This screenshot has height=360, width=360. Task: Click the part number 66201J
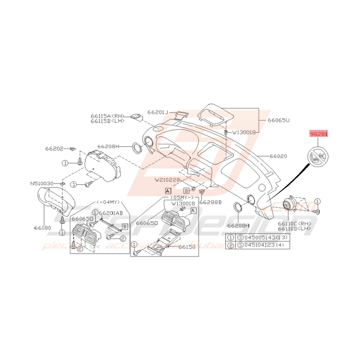tap(158, 113)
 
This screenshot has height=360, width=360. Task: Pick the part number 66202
tap(54, 148)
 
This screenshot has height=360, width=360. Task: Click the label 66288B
tap(210, 202)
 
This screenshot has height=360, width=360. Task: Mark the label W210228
tap(168, 179)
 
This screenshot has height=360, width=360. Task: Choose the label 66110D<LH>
tap(294, 229)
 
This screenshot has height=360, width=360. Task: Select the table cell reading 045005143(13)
tap(266, 238)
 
